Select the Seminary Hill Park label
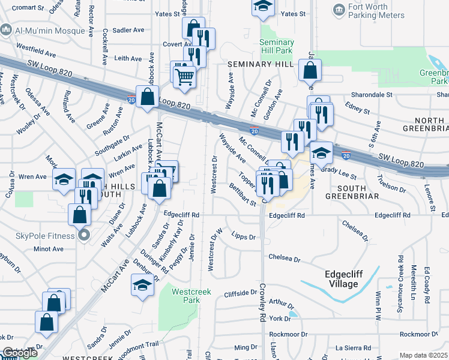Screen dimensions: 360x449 (x=277, y=46)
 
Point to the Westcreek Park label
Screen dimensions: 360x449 (x=185, y=296)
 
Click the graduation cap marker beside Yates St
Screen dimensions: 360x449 (x=262, y=7)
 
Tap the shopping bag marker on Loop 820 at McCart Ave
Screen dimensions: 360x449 (x=148, y=97)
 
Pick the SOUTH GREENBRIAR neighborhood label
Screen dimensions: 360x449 (x=351, y=191)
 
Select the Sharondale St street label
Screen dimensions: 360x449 (x=372, y=94)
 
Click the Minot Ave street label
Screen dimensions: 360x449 (x=48, y=248)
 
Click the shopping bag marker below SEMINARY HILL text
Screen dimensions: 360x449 (x=310, y=70)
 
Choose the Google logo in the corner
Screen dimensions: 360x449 (x=19, y=353)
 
